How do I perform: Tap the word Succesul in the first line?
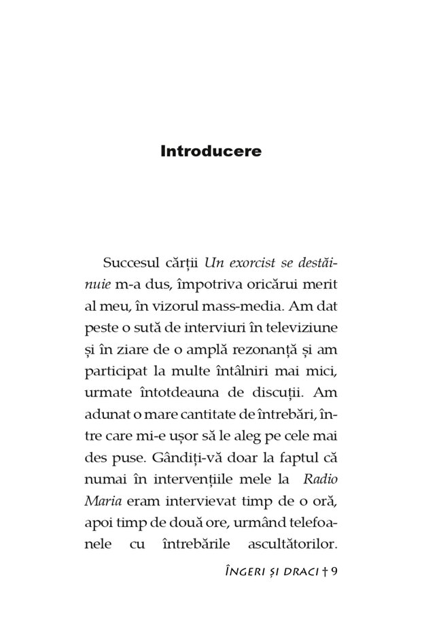(132, 262)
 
